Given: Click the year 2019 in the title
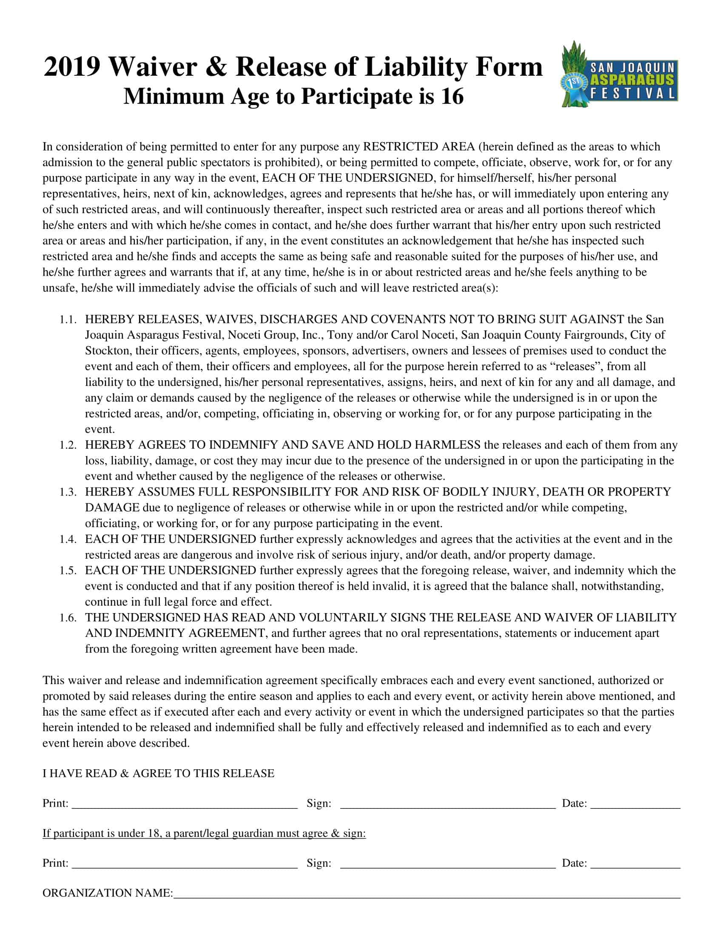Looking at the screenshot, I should point(72,67).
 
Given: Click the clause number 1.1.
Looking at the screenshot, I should point(68,319).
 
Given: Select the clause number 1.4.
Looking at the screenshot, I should point(68,539).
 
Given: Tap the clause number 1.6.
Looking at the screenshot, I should point(68,618).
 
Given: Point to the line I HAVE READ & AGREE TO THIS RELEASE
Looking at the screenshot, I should point(158,773).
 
